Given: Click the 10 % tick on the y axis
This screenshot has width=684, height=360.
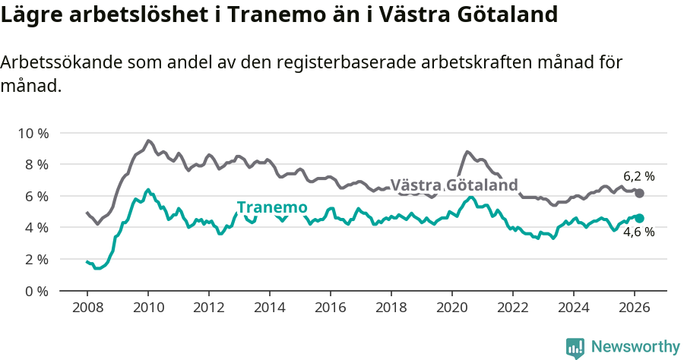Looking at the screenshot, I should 33,133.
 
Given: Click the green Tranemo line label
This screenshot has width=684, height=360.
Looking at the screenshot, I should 272,207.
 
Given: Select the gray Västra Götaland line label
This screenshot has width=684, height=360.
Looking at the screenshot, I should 454,185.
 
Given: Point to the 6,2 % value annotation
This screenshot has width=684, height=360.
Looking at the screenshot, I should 638,176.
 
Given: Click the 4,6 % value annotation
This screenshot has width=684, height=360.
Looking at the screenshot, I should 638,232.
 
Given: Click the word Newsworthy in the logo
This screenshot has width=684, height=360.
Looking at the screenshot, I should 635,347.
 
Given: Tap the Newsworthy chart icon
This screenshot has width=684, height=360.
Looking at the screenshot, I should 575,348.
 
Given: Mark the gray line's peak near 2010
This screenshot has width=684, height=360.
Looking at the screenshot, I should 148,141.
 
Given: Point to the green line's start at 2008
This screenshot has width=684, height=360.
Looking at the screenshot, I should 87,261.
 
